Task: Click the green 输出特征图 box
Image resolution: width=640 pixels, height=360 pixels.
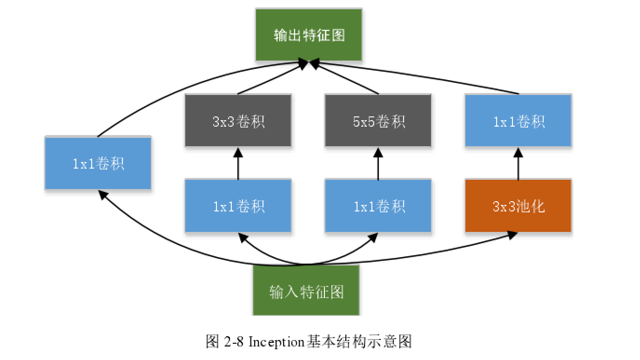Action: point(309,35)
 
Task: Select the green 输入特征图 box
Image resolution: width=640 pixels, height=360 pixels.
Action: point(306,291)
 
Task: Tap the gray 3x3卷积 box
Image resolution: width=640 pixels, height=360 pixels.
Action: point(238,121)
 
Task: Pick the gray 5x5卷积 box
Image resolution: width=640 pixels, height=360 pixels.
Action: point(378,121)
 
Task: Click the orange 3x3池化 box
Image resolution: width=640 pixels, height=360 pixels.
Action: point(518,206)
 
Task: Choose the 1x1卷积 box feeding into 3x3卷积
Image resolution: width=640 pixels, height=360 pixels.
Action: point(238,206)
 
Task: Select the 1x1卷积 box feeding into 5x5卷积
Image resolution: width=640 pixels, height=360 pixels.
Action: point(378,206)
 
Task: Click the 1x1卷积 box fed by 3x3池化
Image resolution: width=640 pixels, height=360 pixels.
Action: point(518,121)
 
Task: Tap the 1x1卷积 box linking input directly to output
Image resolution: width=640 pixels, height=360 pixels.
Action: point(98,163)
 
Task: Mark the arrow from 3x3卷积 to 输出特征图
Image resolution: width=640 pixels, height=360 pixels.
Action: point(272,78)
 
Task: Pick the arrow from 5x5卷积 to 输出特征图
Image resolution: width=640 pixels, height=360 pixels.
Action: point(347,78)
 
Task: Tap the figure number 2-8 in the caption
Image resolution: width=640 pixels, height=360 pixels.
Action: point(233,342)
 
